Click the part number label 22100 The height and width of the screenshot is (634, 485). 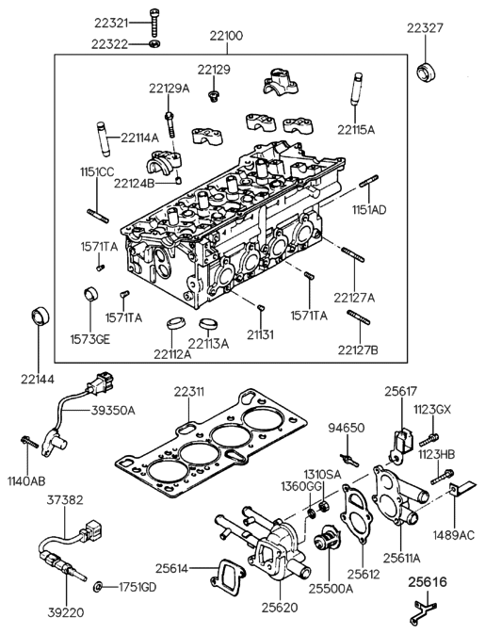point(224,36)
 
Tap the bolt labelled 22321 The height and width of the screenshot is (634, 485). point(154,22)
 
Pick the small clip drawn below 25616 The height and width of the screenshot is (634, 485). point(419,617)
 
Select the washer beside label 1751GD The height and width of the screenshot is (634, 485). point(99,587)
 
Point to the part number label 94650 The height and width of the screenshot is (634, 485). point(346,428)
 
